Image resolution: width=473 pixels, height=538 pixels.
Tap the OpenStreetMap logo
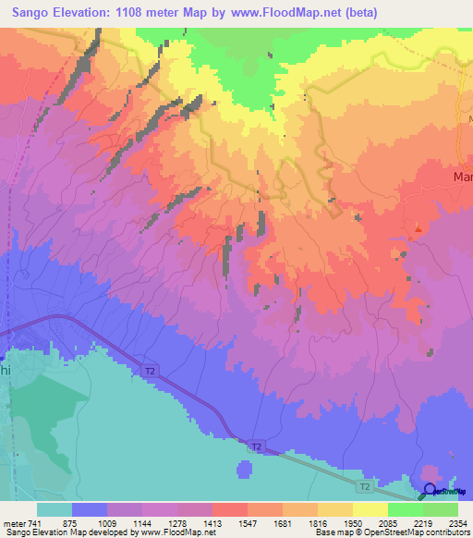tap(443, 491)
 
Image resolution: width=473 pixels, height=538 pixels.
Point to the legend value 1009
tap(107, 521)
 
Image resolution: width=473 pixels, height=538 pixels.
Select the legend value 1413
tap(212, 521)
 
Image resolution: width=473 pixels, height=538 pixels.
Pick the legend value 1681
tap(283, 521)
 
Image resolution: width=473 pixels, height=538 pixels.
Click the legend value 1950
tap(353, 521)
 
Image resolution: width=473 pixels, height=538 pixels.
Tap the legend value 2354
tap(458, 521)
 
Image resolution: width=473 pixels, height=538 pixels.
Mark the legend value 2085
tap(388, 521)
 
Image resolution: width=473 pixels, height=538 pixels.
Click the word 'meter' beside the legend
tap(13, 521)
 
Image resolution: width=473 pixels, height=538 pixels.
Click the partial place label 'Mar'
tap(462, 176)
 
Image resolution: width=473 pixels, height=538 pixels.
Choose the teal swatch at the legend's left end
tap(55, 509)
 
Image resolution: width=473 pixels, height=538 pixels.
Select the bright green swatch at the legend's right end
tap(441, 509)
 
